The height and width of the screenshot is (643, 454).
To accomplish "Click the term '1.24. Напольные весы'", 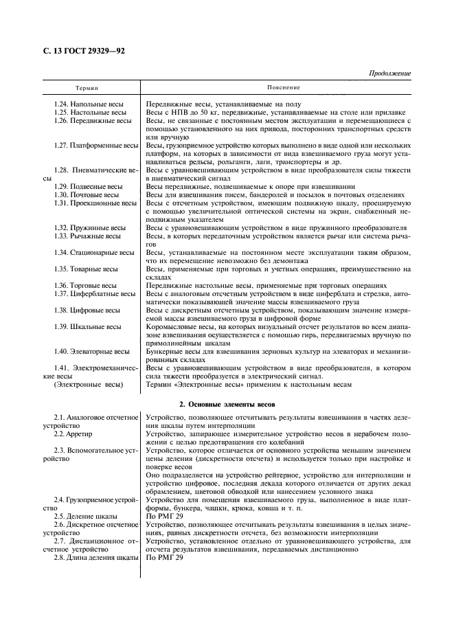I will point(93,104).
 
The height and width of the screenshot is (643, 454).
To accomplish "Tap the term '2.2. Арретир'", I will point(78,434).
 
